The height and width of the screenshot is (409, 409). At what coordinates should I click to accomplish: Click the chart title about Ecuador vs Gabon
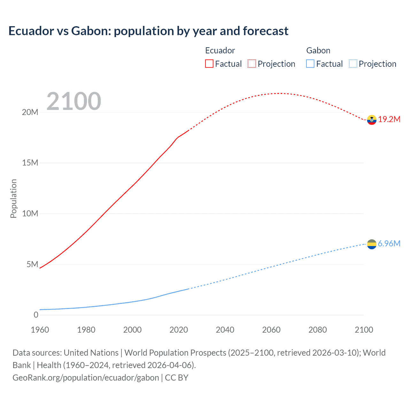[148, 31]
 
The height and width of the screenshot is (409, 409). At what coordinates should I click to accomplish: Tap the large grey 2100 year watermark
[74, 101]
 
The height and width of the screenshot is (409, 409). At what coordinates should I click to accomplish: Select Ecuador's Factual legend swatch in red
[209, 64]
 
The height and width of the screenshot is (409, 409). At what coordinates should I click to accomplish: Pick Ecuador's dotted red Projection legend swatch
[252, 64]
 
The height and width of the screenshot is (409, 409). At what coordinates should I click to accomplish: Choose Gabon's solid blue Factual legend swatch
[310, 64]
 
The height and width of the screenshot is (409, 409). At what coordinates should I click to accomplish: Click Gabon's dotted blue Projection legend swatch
[353, 64]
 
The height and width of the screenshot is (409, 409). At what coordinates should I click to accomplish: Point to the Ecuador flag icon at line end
[372, 120]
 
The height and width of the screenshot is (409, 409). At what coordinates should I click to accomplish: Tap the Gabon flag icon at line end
[372, 244]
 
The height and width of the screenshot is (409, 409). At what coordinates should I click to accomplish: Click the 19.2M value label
[389, 119]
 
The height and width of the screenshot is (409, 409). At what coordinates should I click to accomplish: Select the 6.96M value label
[389, 243]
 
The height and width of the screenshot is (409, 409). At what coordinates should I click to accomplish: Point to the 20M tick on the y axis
[30, 112]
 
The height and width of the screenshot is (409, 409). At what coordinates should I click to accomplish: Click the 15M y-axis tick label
[30, 163]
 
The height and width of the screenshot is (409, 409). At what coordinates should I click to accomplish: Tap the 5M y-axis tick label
[32, 264]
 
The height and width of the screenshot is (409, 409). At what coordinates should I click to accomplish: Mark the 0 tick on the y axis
[36, 315]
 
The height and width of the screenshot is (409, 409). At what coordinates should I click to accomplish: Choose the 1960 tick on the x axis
[40, 330]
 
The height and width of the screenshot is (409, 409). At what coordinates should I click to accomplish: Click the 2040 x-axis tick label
[225, 330]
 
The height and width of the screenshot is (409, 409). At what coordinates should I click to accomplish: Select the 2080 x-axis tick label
[318, 330]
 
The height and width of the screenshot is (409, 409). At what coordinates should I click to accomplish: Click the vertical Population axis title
[13, 198]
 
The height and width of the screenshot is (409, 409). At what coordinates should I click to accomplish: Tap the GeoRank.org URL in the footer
[86, 378]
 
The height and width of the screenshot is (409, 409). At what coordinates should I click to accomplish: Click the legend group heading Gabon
[318, 50]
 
